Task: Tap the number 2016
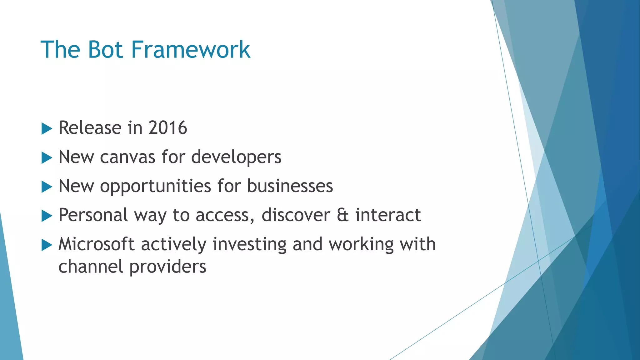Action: [x=167, y=128]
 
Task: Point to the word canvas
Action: [x=127, y=157]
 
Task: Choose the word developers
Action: [x=236, y=157]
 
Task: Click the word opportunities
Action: [x=155, y=186]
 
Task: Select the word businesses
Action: [x=290, y=186]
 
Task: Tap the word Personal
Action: [x=93, y=215]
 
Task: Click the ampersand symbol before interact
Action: [x=342, y=215]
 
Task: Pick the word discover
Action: [x=296, y=215]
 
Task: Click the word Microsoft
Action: [x=97, y=244]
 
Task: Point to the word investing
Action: [x=249, y=244]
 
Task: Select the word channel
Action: [x=91, y=267]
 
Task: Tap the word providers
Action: [x=168, y=267]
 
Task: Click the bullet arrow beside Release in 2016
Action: [x=47, y=128]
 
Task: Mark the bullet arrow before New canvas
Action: [x=47, y=157]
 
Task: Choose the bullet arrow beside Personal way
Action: [x=47, y=216]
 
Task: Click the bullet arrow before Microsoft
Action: [x=47, y=245]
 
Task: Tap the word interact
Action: [x=388, y=215]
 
